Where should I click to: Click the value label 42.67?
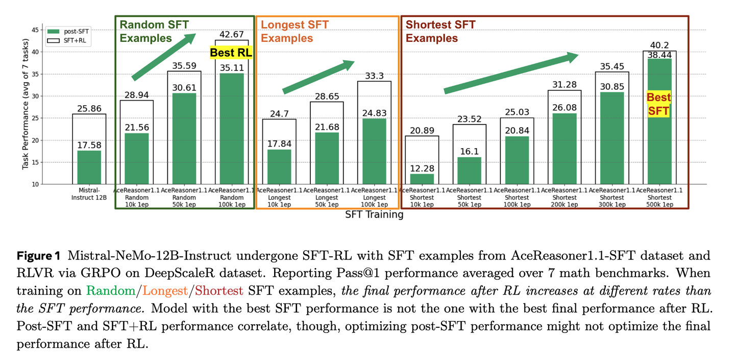pyautogui.click(x=232, y=35)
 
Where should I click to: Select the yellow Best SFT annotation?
pyautogui.click(x=659, y=104)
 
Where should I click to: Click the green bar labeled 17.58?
pyautogui.click(x=89, y=167)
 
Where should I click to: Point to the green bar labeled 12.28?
pyautogui.click(x=422, y=179)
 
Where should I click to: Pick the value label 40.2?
pyautogui.click(x=659, y=45)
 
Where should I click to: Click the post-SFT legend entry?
pyautogui.click(x=69, y=32)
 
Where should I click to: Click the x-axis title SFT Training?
pyautogui.click(x=374, y=214)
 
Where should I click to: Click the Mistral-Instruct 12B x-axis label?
pyautogui.click(x=90, y=194)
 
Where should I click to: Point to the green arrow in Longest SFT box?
pyautogui.click(x=318, y=77)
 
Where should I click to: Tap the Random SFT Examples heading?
pyautogui.click(x=154, y=31)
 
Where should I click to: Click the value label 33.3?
pyautogui.click(x=375, y=76)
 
